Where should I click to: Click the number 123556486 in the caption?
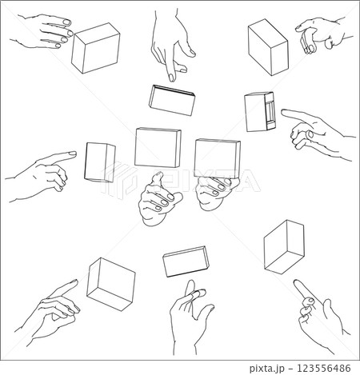[324, 369]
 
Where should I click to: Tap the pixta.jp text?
[267, 369]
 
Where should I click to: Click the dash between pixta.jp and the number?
[290, 369]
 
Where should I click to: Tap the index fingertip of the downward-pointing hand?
[172, 78]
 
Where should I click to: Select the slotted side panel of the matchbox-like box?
[270, 111]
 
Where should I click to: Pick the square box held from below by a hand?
[218, 158]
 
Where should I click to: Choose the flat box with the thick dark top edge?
[172, 100]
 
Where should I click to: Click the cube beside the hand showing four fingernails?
[95, 48]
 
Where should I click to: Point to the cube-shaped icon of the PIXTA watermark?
[118, 179]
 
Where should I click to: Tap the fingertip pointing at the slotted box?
[284, 113]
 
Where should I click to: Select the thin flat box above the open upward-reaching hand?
[186, 261]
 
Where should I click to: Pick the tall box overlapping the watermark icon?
[100, 162]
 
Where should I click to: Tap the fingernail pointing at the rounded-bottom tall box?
[72, 154]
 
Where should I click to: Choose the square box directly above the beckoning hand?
[158, 148]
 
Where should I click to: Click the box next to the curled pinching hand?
[268, 47]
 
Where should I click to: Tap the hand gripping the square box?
[217, 191]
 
